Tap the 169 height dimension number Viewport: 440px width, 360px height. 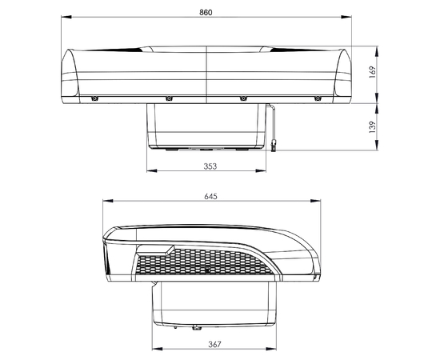(371, 70)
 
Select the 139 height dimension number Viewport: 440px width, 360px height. (371, 126)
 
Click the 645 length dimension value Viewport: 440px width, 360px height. (210, 196)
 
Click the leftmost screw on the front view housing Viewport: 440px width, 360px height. (94, 98)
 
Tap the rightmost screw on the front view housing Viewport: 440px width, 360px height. (317, 98)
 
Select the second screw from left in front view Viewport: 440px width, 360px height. (169, 98)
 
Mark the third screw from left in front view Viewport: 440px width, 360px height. (242, 98)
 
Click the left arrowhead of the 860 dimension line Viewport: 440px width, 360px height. (63, 16)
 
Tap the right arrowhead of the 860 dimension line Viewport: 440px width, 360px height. (354, 16)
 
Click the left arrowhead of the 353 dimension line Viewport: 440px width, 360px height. (150, 171)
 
